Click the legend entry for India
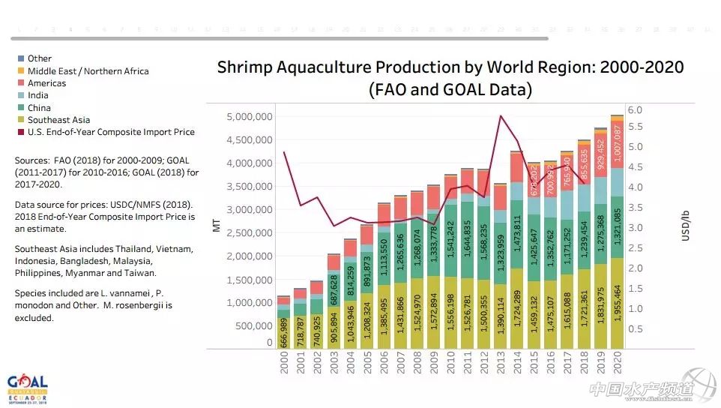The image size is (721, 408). (x=37, y=95)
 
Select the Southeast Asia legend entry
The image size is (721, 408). (x=58, y=120)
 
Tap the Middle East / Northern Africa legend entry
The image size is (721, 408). (x=88, y=71)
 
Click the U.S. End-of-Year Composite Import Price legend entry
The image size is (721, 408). (x=111, y=132)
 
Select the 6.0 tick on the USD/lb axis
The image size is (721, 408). (x=635, y=109)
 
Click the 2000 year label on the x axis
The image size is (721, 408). (x=283, y=370)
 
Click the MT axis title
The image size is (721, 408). (x=217, y=225)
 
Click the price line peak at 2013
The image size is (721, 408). (x=499, y=115)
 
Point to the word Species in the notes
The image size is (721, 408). (x=32, y=294)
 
